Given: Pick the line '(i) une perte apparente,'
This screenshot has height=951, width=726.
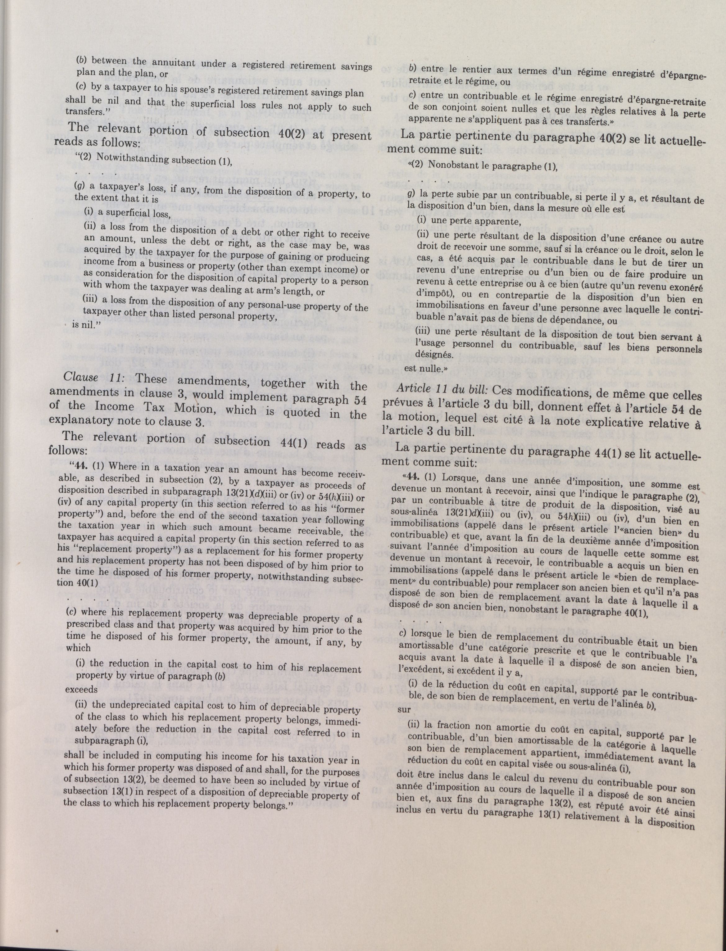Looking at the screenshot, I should click(468, 222).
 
